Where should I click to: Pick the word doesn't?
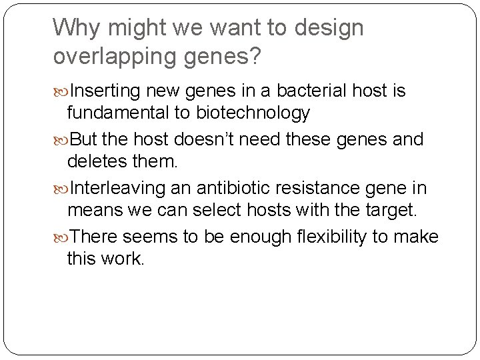tap(209, 140)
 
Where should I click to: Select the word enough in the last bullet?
tap(245, 237)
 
